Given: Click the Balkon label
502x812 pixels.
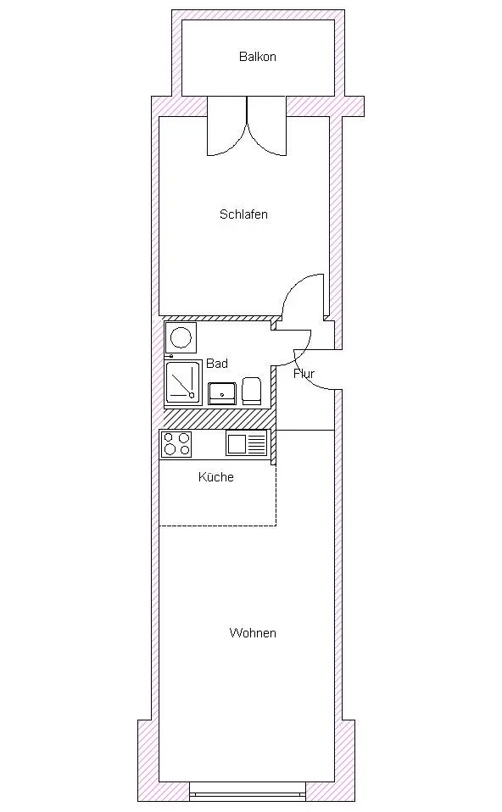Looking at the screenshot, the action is pyautogui.click(x=258, y=57).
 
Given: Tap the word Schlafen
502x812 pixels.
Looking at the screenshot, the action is pyautogui.click(x=243, y=214).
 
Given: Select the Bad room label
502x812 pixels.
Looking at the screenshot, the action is pyautogui.click(x=217, y=364).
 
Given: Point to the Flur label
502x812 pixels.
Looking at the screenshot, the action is pyautogui.click(x=304, y=374).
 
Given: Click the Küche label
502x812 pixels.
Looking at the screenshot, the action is pyautogui.click(x=216, y=477).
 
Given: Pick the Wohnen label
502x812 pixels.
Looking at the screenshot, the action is pyautogui.click(x=253, y=633).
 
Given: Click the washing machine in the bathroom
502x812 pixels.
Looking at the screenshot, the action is pyautogui.click(x=181, y=337).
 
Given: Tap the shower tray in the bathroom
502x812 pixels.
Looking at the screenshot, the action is pyautogui.click(x=183, y=382).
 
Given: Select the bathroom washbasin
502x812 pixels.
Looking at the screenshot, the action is pyautogui.click(x=222, y=393).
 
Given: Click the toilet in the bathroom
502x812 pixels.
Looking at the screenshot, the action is pyautogui.click(x=252, y=391).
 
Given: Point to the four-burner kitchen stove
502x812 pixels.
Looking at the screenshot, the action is pyautogui.click(x=176, y=444).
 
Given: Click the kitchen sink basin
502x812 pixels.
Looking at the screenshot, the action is pyautogui.click(x=237, y=444).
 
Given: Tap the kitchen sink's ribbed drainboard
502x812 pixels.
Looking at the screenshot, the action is pyautogui.click(x=257, y=444).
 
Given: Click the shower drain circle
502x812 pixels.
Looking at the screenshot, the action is pyautogui.click(x=192, y=396).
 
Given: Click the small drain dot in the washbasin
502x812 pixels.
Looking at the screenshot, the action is pyautogui.click(x=222, y=395).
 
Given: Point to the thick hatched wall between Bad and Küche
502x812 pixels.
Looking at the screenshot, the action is pyautogui.click(x=218, y=419).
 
